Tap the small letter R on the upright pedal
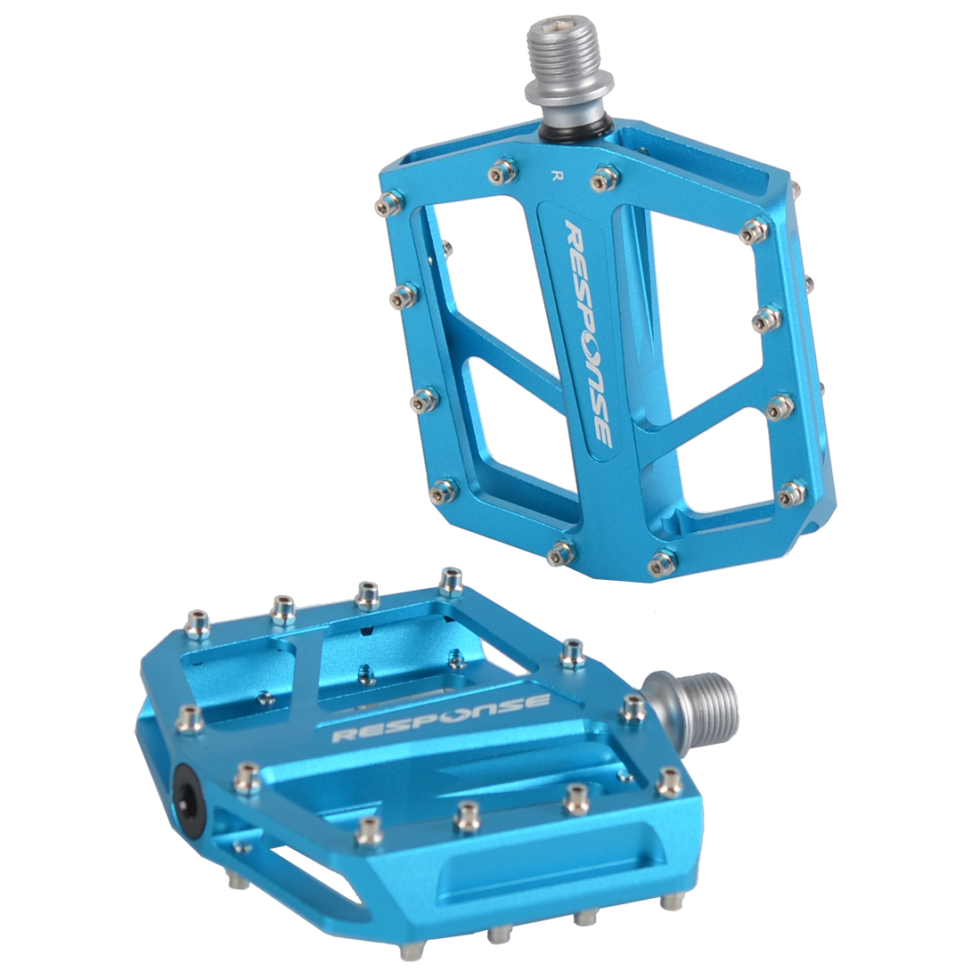(x=553, y=175)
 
